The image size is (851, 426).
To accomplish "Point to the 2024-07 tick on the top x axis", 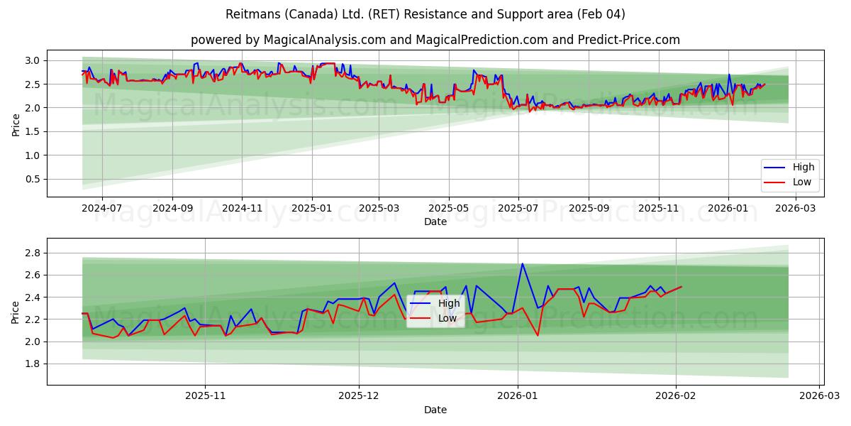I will tap(102, 209).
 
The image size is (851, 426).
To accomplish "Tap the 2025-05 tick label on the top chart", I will tap(448, 209).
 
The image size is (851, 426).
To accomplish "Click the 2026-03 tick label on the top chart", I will tap(796, 209).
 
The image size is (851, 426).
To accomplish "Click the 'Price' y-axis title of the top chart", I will tap(16, 124).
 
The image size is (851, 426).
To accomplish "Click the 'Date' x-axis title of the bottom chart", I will tap(435, 410).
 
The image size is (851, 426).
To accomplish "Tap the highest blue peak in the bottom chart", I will tap(523, 263).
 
